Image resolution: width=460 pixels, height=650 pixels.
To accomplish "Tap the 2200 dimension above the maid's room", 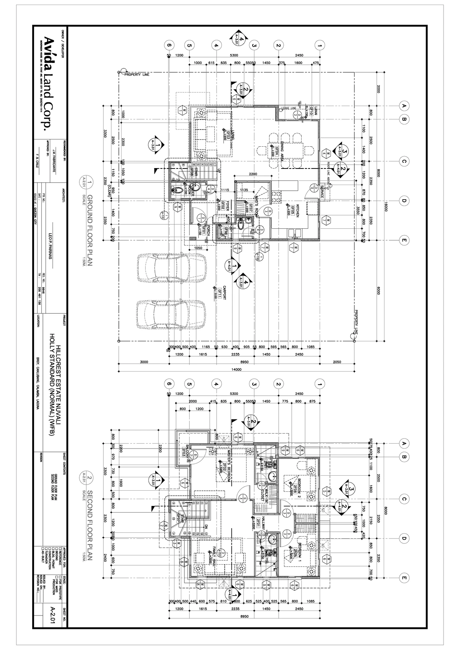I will [x=253, y=174].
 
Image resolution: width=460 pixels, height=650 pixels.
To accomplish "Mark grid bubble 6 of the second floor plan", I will [x=168, y=383].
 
